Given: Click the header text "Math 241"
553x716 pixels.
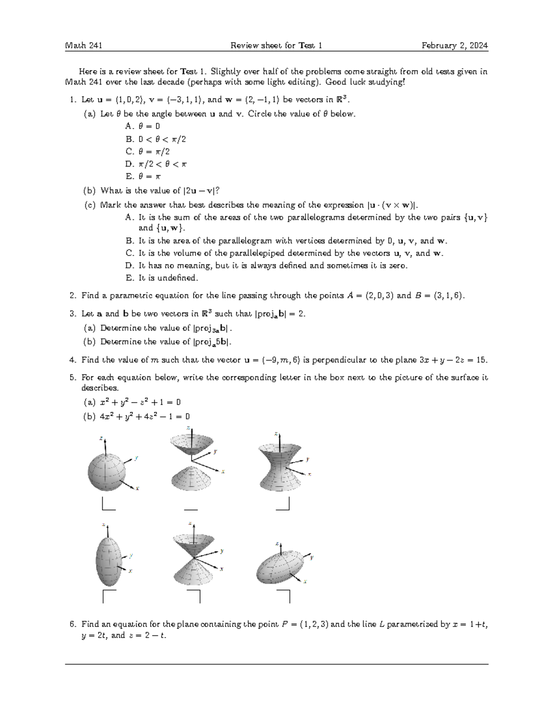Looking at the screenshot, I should pos(83,45).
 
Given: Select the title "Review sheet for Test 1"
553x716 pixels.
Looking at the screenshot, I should pos(276,45).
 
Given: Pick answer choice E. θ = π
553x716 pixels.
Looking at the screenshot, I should pos(143,176).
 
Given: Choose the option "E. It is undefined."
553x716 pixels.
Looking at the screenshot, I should pos(162,278).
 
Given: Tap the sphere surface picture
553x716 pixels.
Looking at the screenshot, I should pos(106,472).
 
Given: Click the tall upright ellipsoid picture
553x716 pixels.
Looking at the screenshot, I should pos(108,558).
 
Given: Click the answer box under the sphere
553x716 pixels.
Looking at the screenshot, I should pos(108,505).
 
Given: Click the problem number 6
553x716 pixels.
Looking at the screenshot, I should pos(72,624).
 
